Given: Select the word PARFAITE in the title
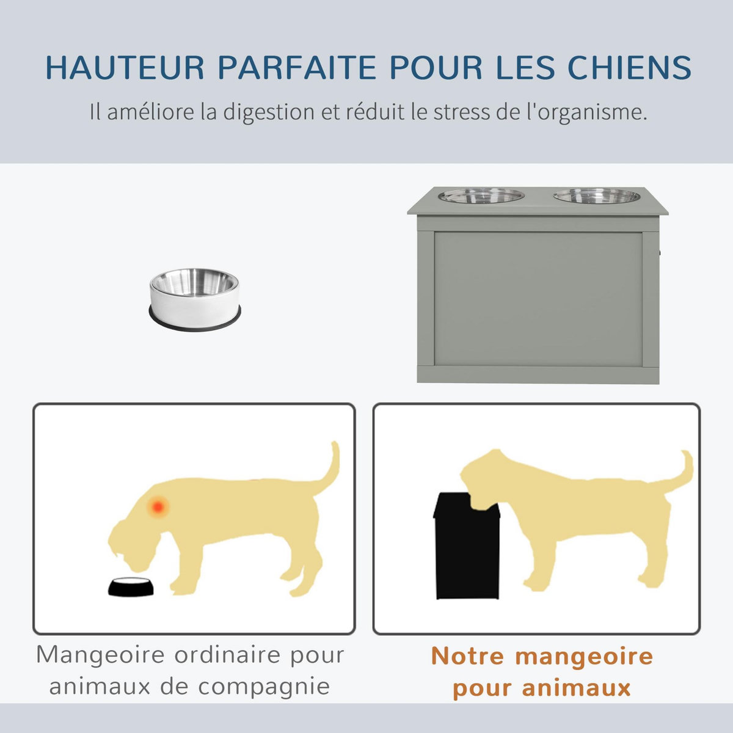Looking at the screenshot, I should point(297,68).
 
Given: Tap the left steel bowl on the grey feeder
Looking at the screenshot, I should point(481,196).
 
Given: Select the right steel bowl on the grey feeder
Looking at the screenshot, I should point(596,196).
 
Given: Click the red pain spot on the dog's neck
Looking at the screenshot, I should point(158,506).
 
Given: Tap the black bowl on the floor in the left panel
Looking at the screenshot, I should point(131,587).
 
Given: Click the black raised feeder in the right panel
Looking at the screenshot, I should point(466,550).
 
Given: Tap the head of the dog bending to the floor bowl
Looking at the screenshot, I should point(131,541).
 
